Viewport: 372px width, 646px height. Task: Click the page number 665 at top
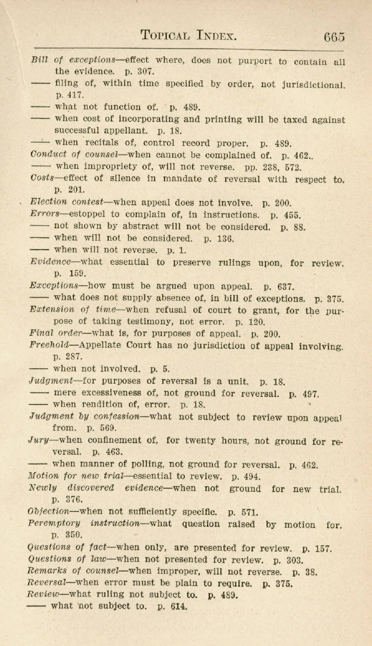click(334, 37)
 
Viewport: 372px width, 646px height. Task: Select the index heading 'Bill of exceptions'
click(73, 60)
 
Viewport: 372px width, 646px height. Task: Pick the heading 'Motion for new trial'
click(72, 476)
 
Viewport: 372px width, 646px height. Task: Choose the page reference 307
click(136, 72)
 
